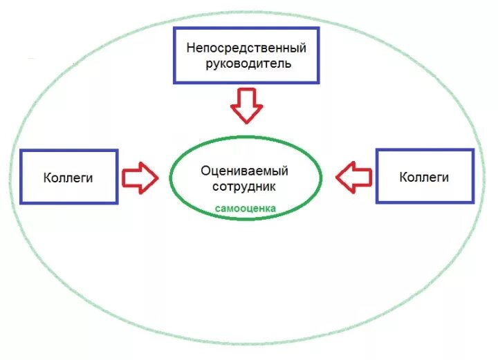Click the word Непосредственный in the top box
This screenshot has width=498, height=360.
(x=246, y=48)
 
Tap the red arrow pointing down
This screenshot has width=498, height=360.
(x=246, y=105)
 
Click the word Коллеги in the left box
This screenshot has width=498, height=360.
(x=68, y=178)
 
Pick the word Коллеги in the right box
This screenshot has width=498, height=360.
(x=424, y=177)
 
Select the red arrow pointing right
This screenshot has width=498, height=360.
(x=140, y=177)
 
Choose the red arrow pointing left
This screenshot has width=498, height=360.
(x=353, y=177)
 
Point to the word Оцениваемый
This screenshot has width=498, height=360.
(x=244, y=171)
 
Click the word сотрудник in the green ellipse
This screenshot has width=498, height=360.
(x=244, y=187)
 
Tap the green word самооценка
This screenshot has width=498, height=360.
(x=245, y=207)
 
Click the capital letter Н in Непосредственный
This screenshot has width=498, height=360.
(x=190, y=48)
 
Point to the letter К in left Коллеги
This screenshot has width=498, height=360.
(x=47, y=178)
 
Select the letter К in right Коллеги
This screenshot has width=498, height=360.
(x=403, y=177)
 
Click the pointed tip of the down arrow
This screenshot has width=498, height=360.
(x=246, y=122)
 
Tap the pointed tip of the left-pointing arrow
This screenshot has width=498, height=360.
(x=337, y=177)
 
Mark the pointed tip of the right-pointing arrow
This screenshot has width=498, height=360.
(x=158, y=177)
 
